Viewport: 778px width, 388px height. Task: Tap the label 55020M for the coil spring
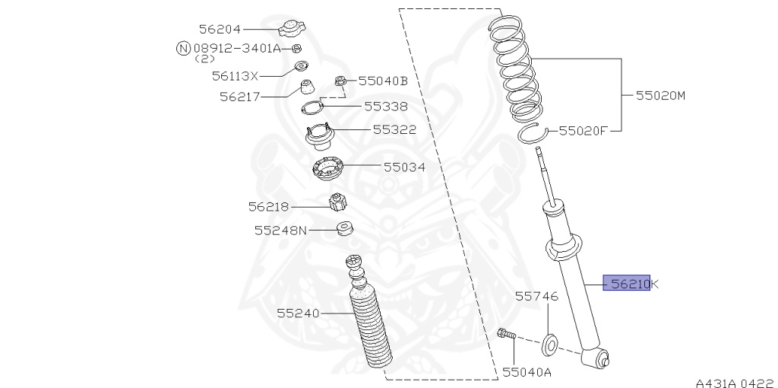660,96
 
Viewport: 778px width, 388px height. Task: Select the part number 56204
220,29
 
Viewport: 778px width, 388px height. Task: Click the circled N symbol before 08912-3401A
183,49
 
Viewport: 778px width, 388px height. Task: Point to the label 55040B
383,81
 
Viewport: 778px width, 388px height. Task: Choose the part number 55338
385,107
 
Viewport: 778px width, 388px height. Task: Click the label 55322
394,130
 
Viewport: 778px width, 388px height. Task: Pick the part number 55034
403,167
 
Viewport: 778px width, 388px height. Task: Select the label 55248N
280,229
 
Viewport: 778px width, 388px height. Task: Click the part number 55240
298,313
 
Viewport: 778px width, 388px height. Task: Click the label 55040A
527,372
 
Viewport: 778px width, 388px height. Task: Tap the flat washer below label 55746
550,344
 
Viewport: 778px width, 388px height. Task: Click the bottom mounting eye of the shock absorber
597,356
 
